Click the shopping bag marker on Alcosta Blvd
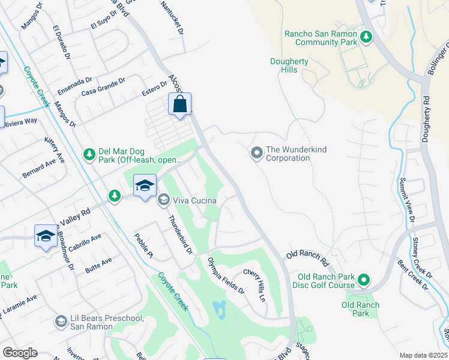[x=179, y=105]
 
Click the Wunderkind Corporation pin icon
[x=256, y=154]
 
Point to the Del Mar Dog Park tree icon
[x=89, y=155]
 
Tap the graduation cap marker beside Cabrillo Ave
[x=46, y=237]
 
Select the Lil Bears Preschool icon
[x=61, y=322]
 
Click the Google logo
[x=20, y=353]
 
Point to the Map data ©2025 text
[x=423, y=355]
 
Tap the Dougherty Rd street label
[x=425, y=120]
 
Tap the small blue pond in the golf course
[x=219, y=309]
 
